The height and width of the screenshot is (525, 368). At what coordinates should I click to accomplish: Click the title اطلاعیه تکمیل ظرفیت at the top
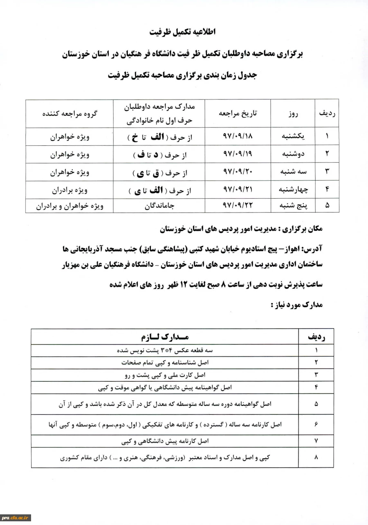pyautogui.click(x=184, y=32)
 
